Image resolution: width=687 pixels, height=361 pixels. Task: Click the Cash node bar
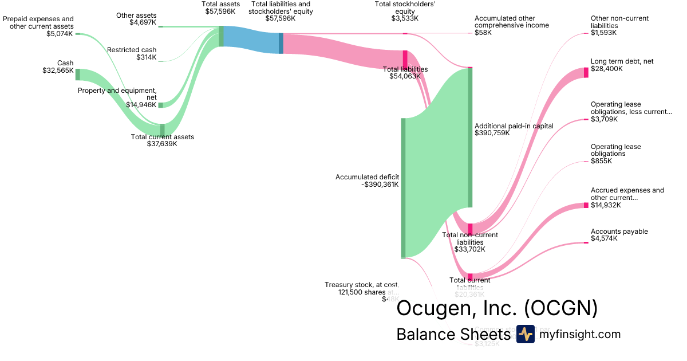click(78, 74)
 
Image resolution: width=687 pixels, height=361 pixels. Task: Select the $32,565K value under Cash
click(58, 70)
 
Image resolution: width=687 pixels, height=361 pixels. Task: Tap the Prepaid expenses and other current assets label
click(38, 22)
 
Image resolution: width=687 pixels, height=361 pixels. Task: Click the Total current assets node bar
click(162, 130)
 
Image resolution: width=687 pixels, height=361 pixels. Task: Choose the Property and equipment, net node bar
click(161, 105)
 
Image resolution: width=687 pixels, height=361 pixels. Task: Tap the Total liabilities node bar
click(405, 59)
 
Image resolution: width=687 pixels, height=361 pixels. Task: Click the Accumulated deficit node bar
click(403, 188)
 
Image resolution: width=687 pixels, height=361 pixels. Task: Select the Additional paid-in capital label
click(506, 125)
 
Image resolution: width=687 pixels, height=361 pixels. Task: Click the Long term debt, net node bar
click(586, 72)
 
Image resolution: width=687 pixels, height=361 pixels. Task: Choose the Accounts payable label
click(619, 231)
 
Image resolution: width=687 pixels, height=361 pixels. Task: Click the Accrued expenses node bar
click(586, 205)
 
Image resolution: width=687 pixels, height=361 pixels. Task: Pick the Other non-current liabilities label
click(612, 22)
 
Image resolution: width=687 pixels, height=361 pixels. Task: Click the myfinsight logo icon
click(525, 334)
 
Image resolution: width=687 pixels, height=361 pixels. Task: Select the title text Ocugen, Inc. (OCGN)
click(497, 308)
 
